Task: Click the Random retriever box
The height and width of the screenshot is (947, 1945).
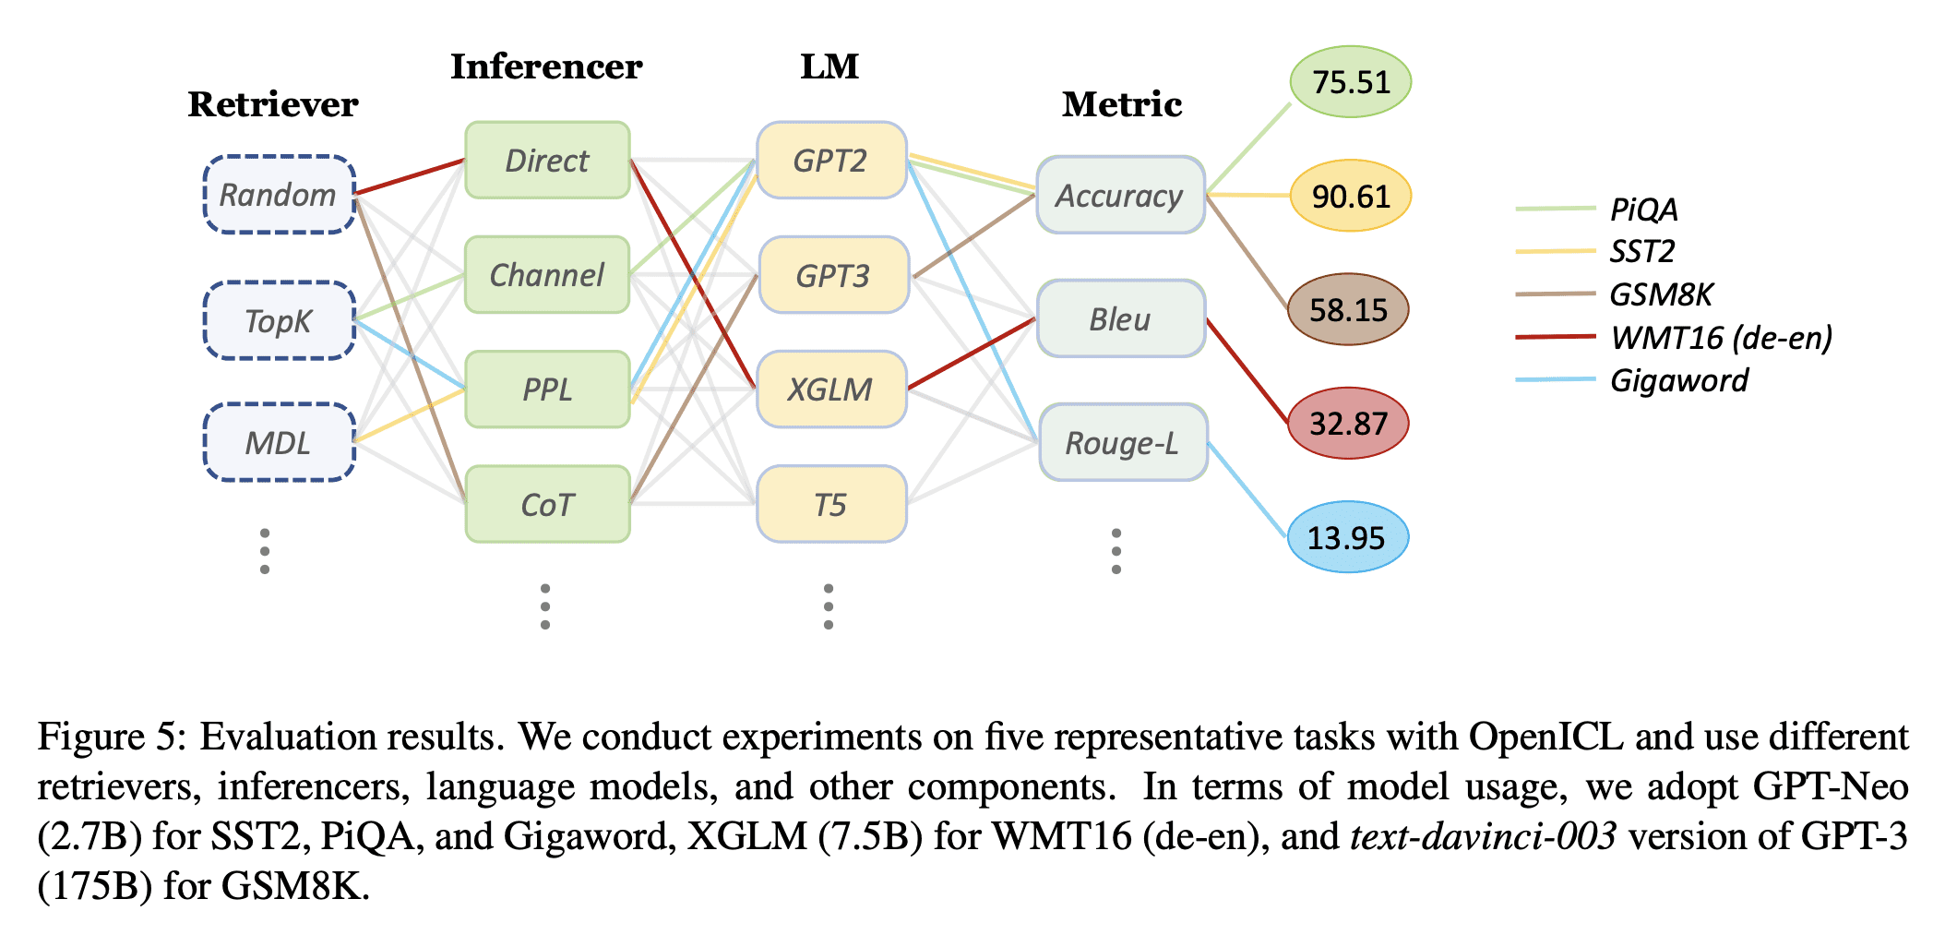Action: tap(279, 195)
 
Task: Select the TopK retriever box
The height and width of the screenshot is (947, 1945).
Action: tap(279, 320)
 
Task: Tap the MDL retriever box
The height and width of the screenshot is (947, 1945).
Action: tap(279, 442)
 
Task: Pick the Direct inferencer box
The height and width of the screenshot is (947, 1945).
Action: tap(547, 161)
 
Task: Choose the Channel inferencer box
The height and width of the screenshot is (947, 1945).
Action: tap(547, 275)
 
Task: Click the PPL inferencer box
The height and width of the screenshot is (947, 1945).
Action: tap(547, 389)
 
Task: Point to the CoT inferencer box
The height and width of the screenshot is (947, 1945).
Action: tap(547, 504)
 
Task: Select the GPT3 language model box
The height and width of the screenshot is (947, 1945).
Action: tap(832, 275)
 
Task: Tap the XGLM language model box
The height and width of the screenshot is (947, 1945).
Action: tap(830, 389)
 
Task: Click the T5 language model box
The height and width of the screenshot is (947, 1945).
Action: tap(830, 504)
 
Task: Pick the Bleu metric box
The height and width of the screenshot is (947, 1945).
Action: tap(1120, 319)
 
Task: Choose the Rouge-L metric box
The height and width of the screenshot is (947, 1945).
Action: tap(1122, 443)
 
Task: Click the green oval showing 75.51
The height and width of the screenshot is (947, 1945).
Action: tap(1350, 82)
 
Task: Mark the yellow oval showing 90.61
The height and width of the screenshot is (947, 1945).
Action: tap(1350, 196)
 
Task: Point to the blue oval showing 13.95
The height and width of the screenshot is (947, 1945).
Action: tap(1347, 537)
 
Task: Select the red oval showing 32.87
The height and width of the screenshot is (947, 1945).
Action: tap(1348, 424)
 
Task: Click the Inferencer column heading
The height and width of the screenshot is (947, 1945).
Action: tap(546, 66)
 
